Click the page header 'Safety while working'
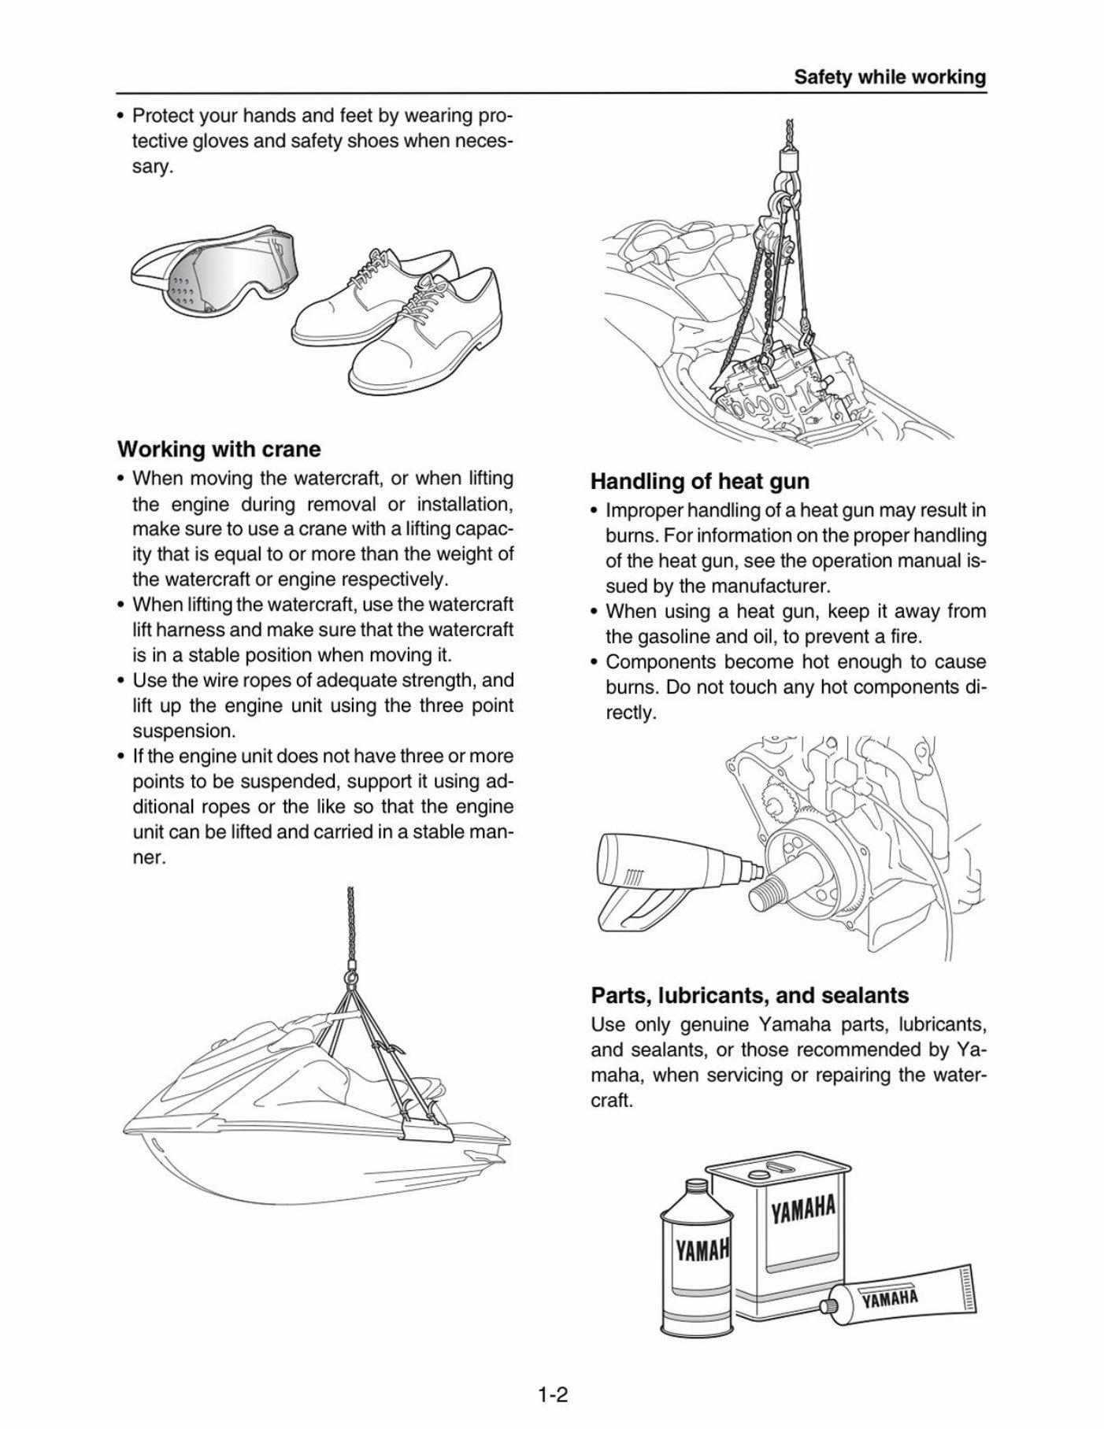[889, 77]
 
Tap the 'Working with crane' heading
[219, 450]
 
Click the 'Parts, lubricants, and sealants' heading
[749, 995]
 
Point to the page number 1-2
[553, 1374]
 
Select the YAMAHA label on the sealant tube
[890, 1298]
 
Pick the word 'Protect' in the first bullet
[161, 116]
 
